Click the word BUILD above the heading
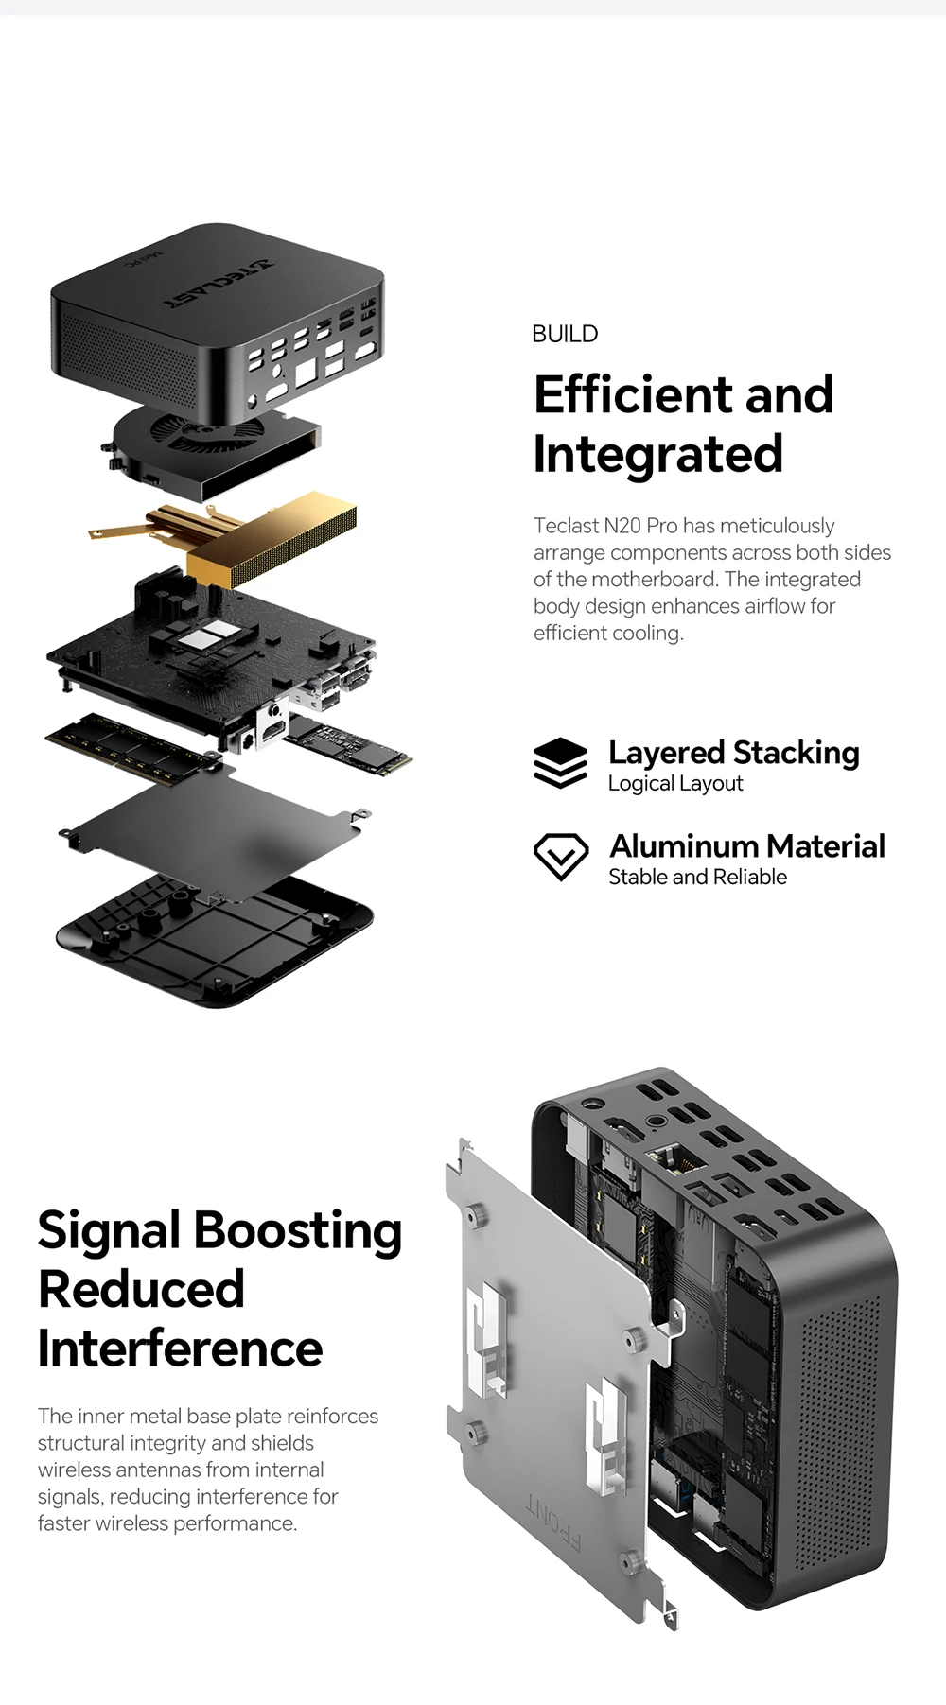coord(565,334)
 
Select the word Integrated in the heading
coord(657,454)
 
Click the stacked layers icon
coord(560,763)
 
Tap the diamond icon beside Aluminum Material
coord(561,856)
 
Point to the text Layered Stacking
coord(733,753)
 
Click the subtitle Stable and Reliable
coord(697,878)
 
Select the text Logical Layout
coord(674,784)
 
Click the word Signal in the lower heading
coord(109,1230)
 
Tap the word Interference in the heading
coord(180,1348)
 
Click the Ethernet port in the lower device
coord(666,1157)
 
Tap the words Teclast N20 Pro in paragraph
coord(604,526)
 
